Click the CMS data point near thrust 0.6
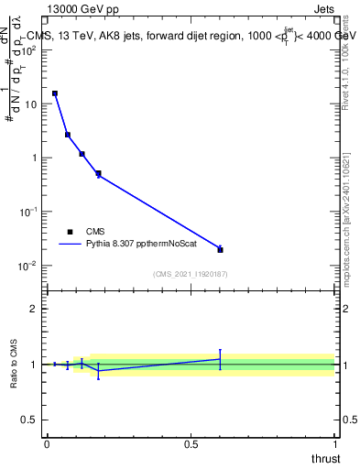[x=220, y=249]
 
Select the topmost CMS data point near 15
[x=55, y=93]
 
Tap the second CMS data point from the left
[x=68, y=135]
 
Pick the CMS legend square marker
[x=70, y=232]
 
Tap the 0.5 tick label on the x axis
[x=191, y=443]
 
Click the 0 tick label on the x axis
[x=47, y=443]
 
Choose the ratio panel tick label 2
[x=35, y=309]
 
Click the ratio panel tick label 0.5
[x=31, y=420]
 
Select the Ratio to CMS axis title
[x=14, y=365]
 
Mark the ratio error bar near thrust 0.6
[x=220, y=358]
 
